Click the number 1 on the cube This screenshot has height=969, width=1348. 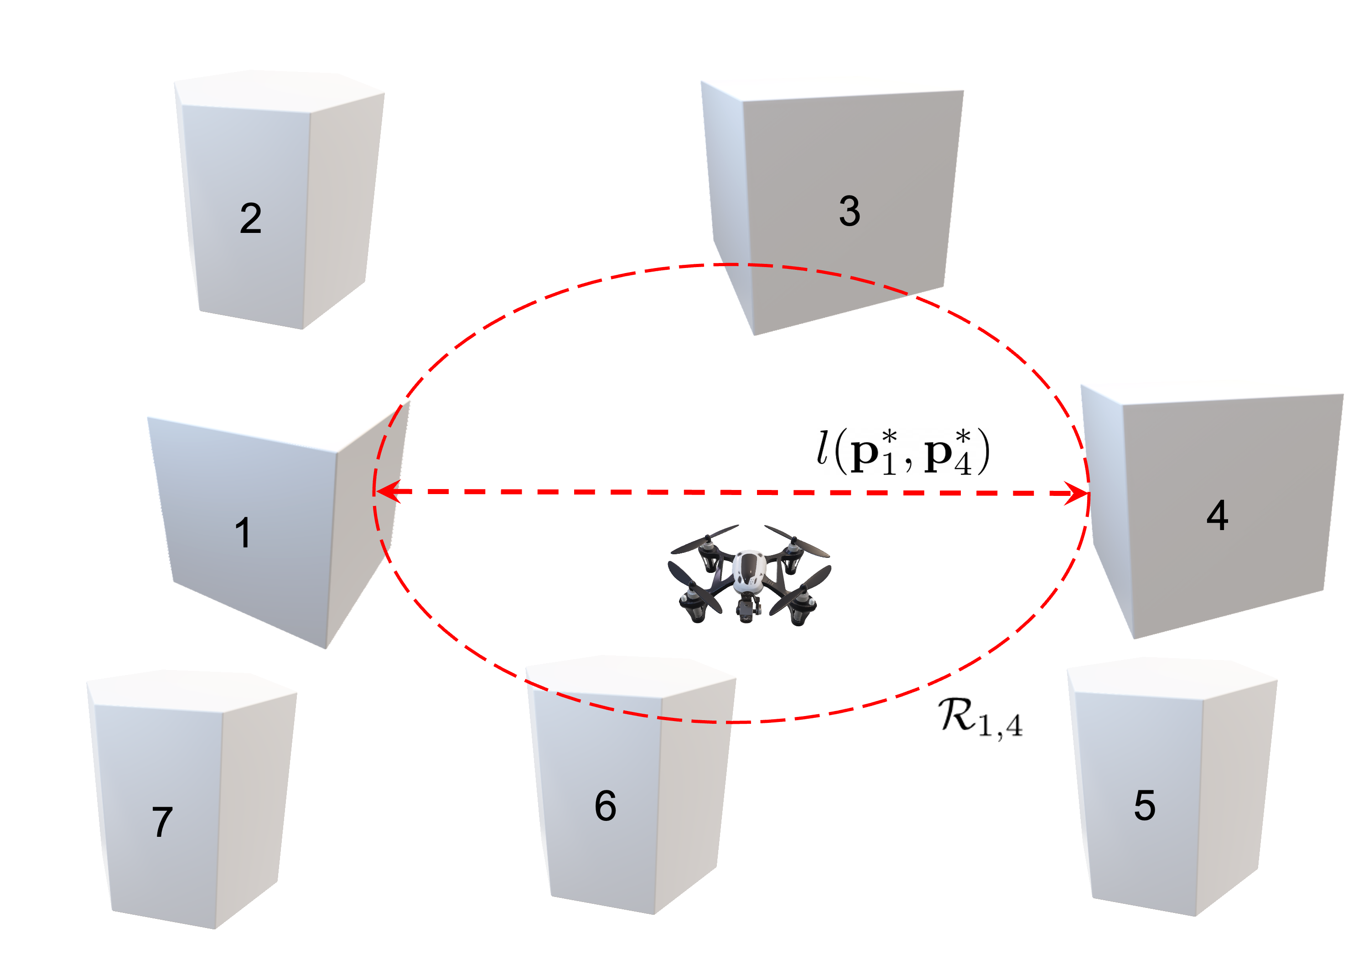tap(243, 532)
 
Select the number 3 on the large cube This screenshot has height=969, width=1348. tap(849, 211)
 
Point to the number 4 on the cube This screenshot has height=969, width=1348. tap(1217, 515)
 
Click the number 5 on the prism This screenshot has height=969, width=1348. tap(1145, 806)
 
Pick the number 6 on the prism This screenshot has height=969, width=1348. tap(605, 806)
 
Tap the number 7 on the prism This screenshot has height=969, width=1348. tap(162, 822)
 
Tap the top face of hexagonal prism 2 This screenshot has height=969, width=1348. tap(280, 89)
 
